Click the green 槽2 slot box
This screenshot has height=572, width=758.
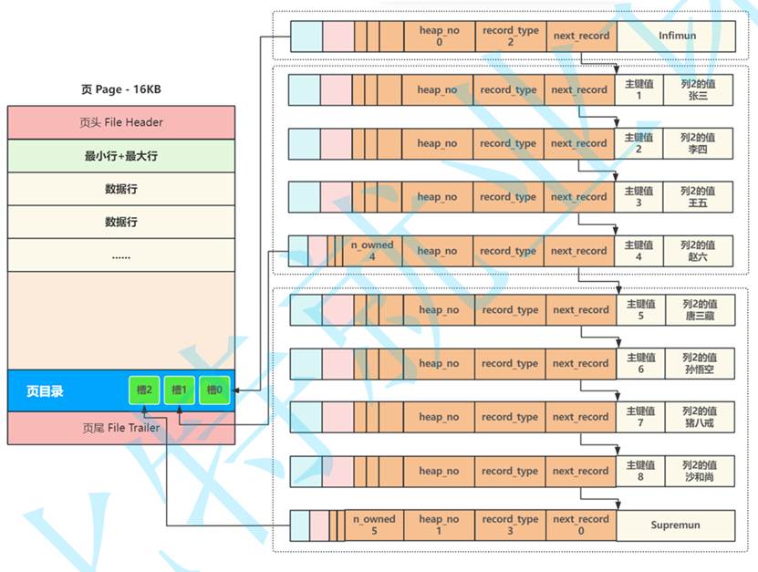(x=144, y=390)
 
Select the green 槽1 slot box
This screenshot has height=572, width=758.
(x=180, y=390)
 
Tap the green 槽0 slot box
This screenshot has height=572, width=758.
(x=214, y=390)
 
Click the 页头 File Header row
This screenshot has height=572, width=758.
(x=120, y=123)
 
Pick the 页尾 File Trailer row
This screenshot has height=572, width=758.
(x=120, y=428)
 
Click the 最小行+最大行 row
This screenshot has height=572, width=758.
(x=120, y=156)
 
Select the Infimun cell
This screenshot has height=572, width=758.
(x=676, y=36)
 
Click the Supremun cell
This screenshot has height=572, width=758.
(x=676, y=525)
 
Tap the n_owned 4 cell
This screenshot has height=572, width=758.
(x=372, y=251)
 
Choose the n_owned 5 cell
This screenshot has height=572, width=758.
(x=374, y=525)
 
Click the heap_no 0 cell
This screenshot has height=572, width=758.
(x=438, y=36)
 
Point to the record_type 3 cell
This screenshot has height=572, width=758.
(x=510, y=525)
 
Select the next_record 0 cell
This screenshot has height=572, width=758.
(x=581, y=525)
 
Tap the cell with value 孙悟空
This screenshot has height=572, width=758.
(x=699, y=364)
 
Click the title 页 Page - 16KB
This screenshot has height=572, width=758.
(x=120, y=89)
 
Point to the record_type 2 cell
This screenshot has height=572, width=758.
(x=510, y=36)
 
